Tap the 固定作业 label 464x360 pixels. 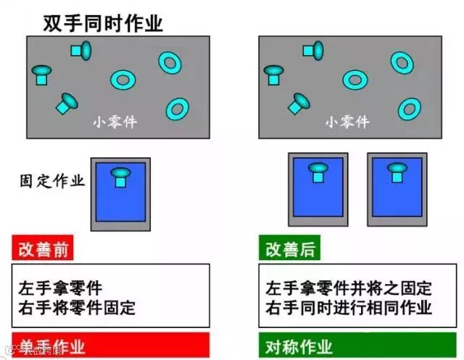(52, 180)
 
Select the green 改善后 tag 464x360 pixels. (289, 250)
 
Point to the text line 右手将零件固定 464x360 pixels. (77, 307)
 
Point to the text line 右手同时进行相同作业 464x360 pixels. (349, 307)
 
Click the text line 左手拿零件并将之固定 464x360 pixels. (349, 288)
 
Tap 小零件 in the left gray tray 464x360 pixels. (115, 122)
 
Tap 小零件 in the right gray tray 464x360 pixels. (347, 122)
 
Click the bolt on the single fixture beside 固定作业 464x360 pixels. (120, 176)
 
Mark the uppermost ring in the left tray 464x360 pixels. (170, 62)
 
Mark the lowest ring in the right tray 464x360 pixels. (409, 109)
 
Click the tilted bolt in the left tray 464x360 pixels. (67, 104)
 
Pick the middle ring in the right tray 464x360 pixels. (353, 79)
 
